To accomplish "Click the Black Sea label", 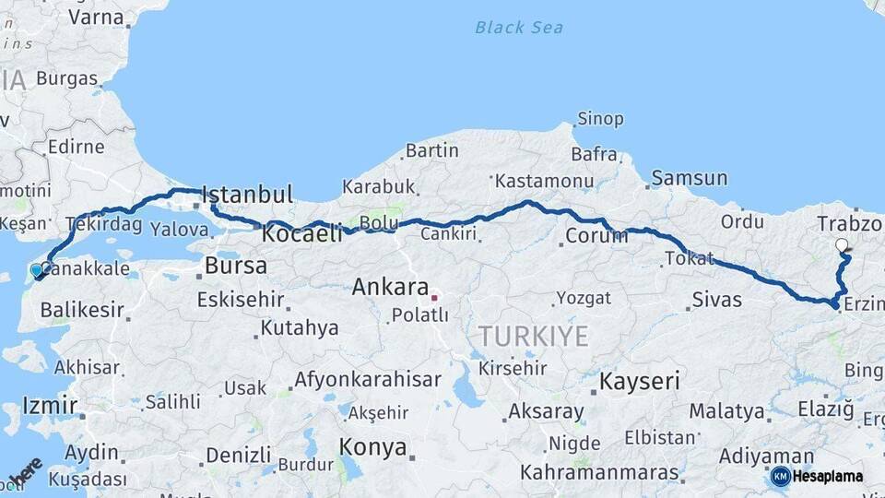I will [x=519, y=27].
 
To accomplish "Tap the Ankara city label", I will [x=391, y=287].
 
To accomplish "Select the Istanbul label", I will [x=247, y=195].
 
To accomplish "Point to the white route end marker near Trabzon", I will [x=842, y=245].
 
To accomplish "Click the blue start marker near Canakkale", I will [x=37, y=270].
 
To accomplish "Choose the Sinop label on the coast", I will [x=600, y=119].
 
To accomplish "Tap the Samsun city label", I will [x=689, y=178].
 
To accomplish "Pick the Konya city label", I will [x=372, y=447].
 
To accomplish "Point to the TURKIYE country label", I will [x=533, y=337].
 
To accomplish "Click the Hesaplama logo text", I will [x=827, y=476].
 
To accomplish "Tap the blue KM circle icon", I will [x=780, y=476].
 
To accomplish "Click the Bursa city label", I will [x=236, y=267].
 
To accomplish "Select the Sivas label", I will [x=716, y=299].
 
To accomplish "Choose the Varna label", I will [x=96, y=16].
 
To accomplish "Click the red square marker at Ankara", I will [x=434, y=298].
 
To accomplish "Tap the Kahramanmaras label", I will [x=599, y=473].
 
